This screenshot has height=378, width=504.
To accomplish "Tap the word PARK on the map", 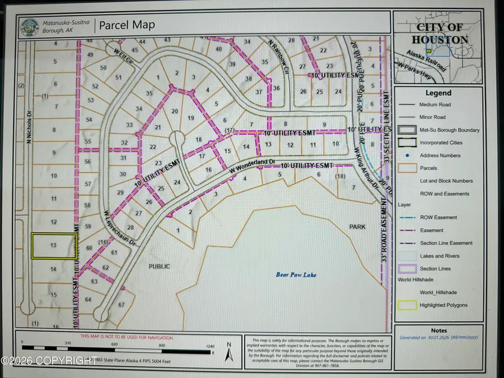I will [x=357, y=227].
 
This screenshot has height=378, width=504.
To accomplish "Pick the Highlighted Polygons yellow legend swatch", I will [x=407, y=305].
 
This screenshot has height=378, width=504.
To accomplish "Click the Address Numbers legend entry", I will [x=440, y=156].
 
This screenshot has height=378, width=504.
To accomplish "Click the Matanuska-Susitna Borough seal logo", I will [x=29, y=26].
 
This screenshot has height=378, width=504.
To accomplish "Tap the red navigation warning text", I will [x=127, y=337].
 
